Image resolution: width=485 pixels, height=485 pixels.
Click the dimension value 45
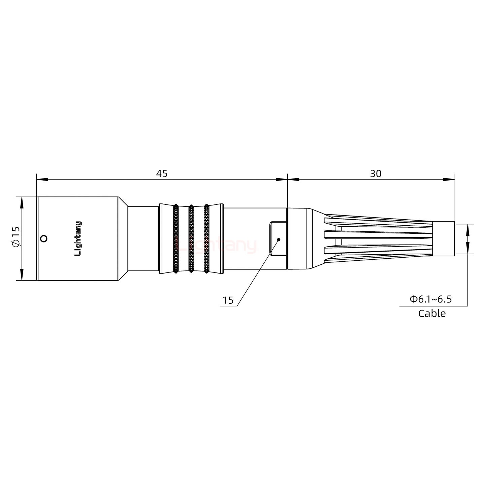(x=162, y=173)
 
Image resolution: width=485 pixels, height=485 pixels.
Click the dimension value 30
(x=376, y=173)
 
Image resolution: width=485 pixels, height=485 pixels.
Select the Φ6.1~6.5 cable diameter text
(x=430, y=299)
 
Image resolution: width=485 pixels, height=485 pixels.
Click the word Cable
(x=432, y=314)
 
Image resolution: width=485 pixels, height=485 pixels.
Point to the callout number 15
(x=228, y=300)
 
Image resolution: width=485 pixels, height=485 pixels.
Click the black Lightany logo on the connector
(x=78, y=238)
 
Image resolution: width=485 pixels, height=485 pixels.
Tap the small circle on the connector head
(x=43, y=239)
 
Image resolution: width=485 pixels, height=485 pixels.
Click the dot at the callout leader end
(x=279, y=239)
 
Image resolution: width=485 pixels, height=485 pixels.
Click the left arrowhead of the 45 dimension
(x=42, y=179)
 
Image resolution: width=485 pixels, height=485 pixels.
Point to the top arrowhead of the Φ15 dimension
(x=22, y=202)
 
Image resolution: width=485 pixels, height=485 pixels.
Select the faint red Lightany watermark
(x=216, y=245)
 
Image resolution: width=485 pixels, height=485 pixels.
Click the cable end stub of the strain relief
(x=443, y=239)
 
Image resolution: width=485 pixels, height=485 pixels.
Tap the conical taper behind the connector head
(x=123, y=238)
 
